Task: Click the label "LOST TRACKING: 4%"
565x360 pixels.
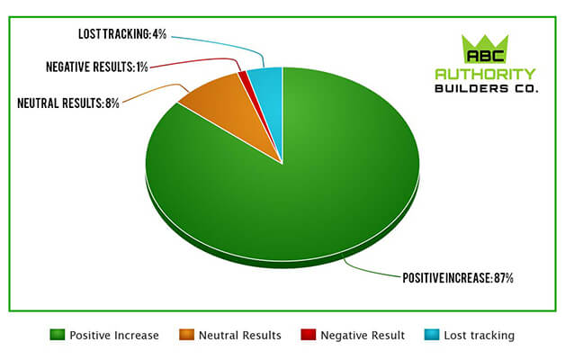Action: pos(122,34)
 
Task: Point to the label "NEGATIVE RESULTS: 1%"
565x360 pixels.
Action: pos(97,67)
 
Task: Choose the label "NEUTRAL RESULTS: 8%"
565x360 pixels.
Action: pos(68,103)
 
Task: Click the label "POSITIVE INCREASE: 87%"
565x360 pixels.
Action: pos(458,278)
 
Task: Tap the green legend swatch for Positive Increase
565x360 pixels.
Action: pos(58,335)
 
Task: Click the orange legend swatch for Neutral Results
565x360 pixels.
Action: pos(186,335)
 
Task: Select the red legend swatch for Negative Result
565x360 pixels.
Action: pos(309,335)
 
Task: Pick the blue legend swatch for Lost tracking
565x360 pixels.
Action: pos(432,335)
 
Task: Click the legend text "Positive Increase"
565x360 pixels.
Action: pos(114,336)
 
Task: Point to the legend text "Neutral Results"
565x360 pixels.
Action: pos(240,336)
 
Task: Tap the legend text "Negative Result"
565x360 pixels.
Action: pos(363,336)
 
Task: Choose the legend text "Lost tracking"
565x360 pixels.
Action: pos(480,336)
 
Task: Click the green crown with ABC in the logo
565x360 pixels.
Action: pos(485,49)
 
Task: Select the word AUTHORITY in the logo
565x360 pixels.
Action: pos(485,74)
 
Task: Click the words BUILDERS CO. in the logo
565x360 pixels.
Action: pos(487,88)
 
